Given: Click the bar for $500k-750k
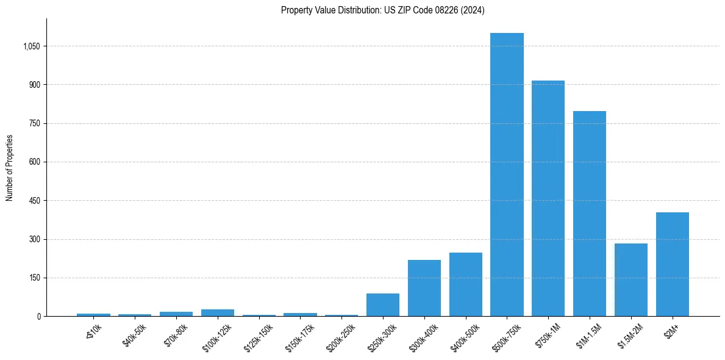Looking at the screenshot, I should coord(507,175).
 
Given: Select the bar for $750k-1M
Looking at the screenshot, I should coord(548,198).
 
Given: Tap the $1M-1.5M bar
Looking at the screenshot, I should coord(590,214).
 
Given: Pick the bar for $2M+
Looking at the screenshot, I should coord(672,264).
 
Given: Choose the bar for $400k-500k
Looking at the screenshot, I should coord(466,284).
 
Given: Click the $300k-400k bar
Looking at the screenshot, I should coord(424,288).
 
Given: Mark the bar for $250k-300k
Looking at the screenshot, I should coord(383,305).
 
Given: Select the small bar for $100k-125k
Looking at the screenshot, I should coord(218,312).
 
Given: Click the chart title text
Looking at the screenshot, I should coord(383,10).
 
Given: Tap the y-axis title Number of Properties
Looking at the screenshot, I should coord(10,167).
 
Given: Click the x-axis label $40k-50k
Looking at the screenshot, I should coord(134,335).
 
